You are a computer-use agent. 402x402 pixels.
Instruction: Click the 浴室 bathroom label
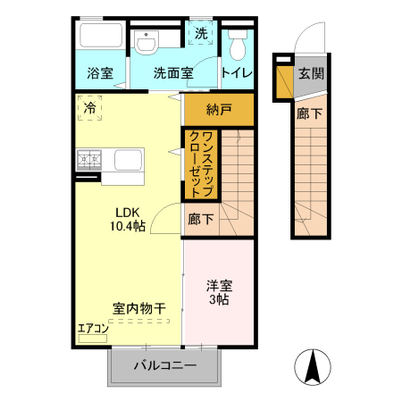point(99,74)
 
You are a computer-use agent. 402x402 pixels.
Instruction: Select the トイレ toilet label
point(237,74)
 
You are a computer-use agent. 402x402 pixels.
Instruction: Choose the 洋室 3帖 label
point(219,293)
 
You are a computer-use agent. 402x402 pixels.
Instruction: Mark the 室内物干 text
point(138,308)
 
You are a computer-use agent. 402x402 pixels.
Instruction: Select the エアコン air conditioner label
point(93,328)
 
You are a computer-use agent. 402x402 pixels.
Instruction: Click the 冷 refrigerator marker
point(90,108)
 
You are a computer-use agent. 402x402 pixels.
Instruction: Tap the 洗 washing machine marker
point(200,33)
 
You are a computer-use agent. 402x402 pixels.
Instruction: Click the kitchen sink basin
point(127,162)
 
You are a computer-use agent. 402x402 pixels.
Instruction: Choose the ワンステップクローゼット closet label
point(201,163)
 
